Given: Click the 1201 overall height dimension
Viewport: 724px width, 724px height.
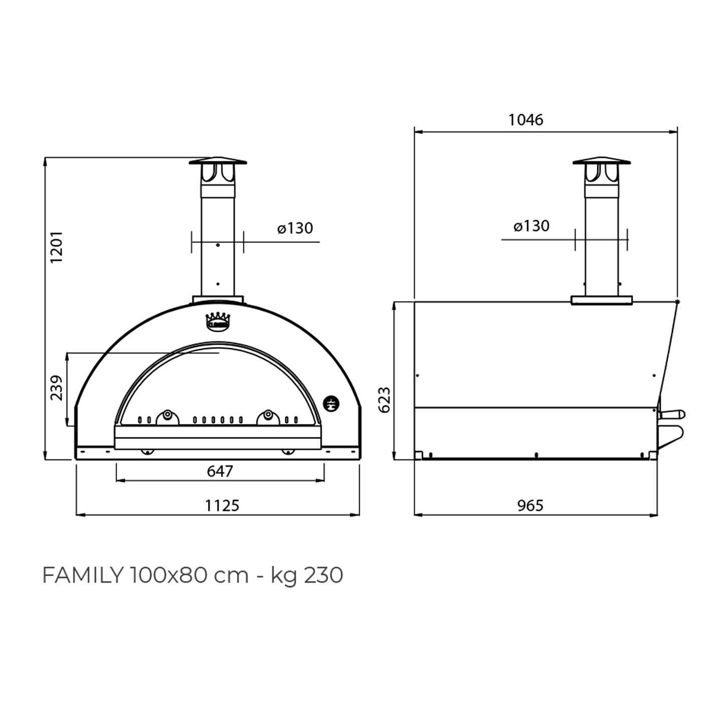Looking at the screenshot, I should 56,248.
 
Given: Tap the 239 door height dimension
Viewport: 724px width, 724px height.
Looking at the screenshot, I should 56,388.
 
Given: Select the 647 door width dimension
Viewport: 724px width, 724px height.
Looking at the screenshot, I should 220,471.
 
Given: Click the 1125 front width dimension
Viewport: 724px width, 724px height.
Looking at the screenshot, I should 222,506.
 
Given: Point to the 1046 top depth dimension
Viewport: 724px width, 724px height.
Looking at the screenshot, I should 526,120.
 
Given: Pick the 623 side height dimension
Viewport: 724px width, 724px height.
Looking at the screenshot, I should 384,400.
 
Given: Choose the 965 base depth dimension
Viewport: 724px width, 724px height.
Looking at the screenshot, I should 530,506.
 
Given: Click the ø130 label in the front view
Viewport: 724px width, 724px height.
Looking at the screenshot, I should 295,228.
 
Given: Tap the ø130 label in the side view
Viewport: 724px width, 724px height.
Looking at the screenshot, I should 531,226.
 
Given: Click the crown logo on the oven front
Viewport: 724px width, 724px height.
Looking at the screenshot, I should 218,321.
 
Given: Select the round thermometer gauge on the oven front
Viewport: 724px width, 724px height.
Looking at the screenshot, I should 331,402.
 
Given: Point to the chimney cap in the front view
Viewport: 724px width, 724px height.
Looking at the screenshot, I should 218,162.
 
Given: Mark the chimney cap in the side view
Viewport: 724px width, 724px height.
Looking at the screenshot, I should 602,161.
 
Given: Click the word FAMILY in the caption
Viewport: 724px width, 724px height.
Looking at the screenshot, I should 82,576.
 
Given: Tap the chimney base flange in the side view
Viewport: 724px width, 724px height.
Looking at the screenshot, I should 602,300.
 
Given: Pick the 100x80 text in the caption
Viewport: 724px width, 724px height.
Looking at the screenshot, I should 169,576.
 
